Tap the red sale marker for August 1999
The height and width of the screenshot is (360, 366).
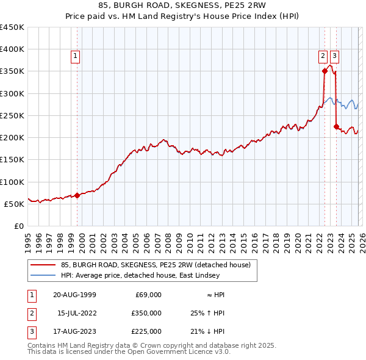tap(77, 196)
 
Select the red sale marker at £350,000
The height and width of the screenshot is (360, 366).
tap(325, 71)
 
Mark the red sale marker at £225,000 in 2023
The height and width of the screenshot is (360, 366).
tap(336, 127)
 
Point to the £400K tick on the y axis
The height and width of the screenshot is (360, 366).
tap(12, 49)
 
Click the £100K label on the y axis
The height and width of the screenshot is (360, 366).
tap(12, 182)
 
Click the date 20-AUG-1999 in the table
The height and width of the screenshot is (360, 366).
tap(74, 295)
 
